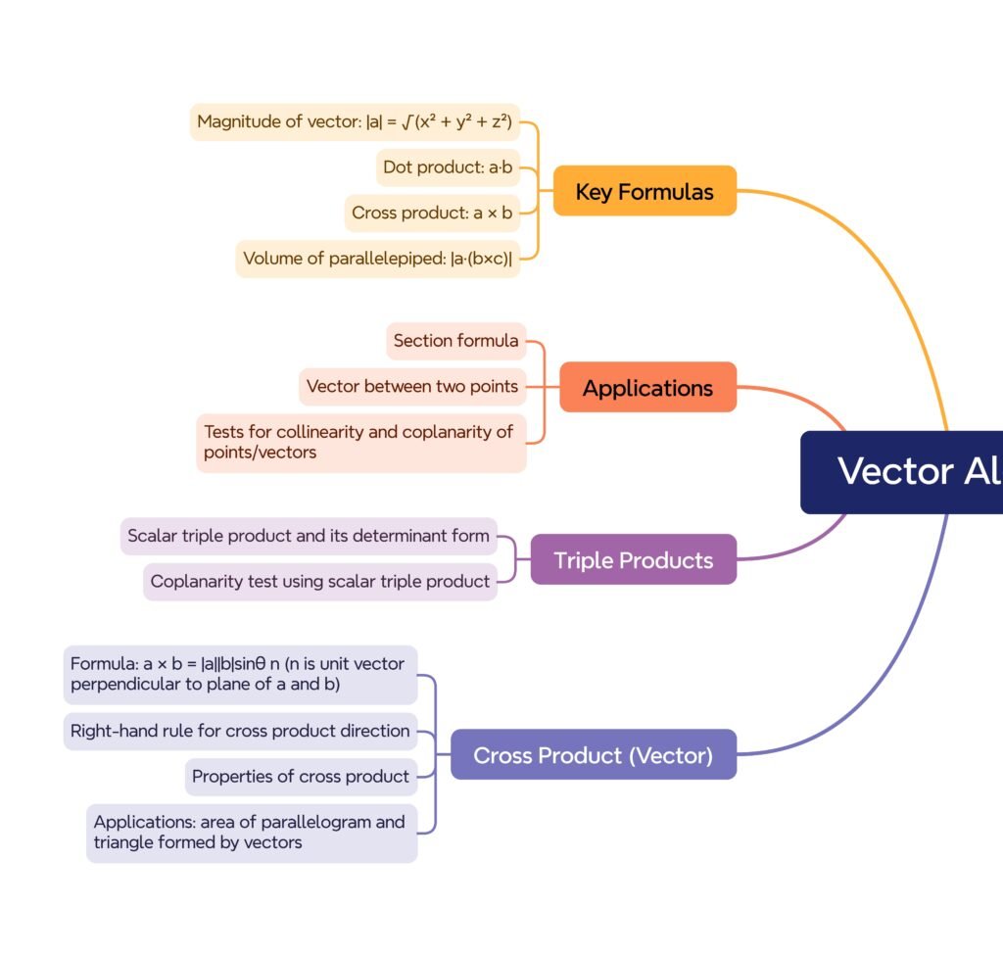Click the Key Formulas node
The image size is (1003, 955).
645,191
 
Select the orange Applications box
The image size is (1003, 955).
647,388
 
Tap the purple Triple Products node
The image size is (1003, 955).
633,560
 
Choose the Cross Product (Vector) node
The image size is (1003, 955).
593,755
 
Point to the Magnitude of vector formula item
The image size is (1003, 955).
355,122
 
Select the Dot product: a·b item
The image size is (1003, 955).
448,167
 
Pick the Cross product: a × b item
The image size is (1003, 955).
432,213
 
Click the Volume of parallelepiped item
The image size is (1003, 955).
378,259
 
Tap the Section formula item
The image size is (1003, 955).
456,341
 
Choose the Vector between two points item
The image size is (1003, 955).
412,386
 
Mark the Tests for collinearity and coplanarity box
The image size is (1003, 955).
360,443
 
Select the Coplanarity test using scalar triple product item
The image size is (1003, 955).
320,581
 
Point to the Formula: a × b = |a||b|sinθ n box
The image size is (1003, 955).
240,674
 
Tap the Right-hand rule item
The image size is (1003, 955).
240,731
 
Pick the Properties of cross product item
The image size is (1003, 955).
301,777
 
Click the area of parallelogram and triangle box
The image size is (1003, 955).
252,833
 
